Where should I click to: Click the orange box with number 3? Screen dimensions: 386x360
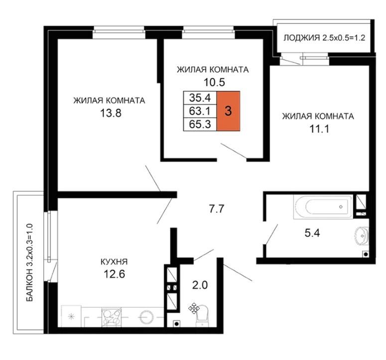[228, 111]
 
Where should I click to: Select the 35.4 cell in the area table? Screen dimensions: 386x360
[200, 98]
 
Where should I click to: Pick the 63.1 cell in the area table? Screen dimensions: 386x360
[200, 111]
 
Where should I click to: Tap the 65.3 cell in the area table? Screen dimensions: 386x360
[200, 124]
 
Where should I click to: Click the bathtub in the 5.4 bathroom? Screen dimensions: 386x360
[323, 207]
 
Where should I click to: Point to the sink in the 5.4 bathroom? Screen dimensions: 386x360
[362, 235]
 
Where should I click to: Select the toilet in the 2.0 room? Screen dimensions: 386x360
[202, 316]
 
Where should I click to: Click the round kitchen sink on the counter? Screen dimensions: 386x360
[146, 317]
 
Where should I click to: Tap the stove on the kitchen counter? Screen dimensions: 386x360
[111, 317]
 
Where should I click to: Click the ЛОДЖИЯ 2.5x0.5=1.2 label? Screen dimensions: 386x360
[324, 38]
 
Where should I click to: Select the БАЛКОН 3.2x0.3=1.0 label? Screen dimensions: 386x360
[29, 262]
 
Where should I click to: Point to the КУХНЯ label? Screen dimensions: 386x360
[114, 261]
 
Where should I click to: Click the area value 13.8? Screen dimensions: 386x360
[111, 113]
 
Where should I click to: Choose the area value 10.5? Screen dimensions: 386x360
[214, 82]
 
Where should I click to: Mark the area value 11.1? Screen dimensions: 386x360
[319, 129]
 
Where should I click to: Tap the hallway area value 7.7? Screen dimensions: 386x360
[216, 209]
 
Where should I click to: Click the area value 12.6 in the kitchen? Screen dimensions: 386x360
[114, 274]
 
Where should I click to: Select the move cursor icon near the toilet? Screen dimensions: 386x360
[194, 308]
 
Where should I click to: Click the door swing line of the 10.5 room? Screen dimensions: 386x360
[234, 151]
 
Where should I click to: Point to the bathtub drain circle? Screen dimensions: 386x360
[341, 207]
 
